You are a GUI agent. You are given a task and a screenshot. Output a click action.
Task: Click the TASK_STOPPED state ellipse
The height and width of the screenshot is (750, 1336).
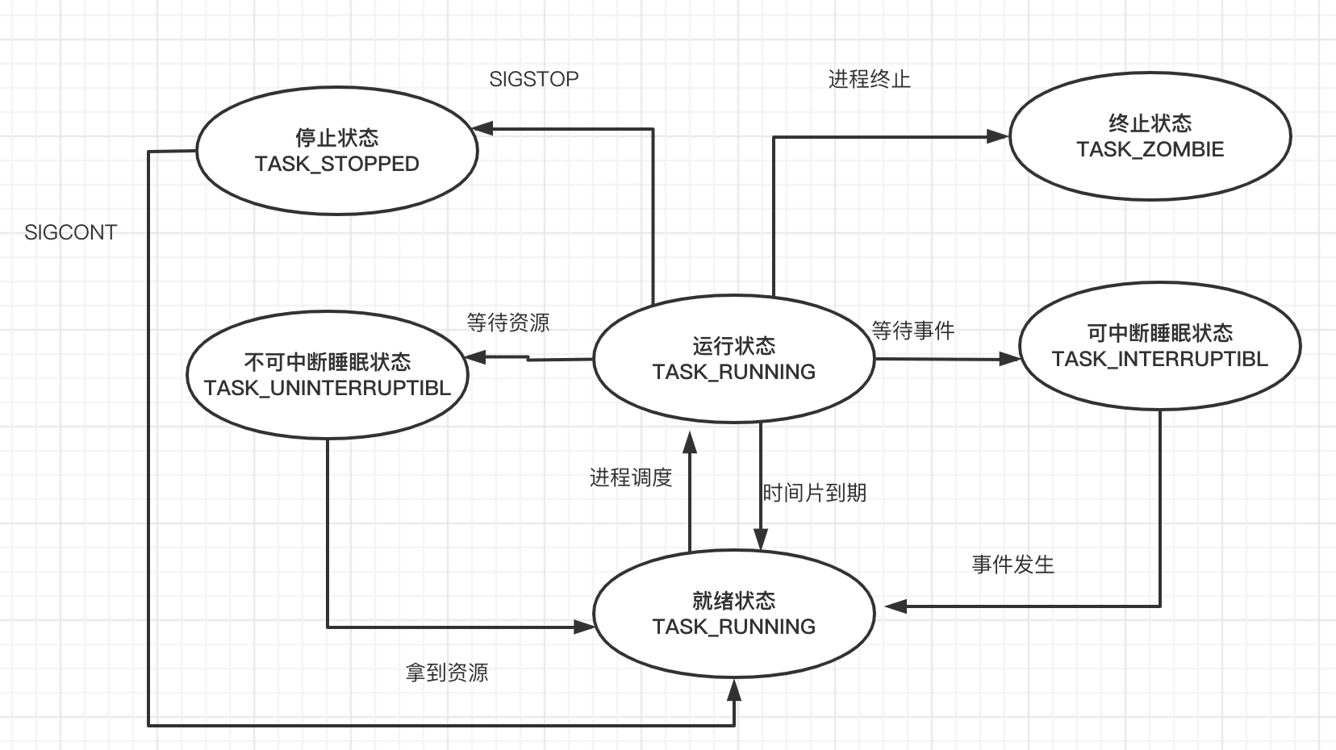[x=337, y=151]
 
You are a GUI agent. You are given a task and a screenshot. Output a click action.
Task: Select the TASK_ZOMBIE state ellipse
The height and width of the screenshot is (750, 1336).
[x=1150, y=136]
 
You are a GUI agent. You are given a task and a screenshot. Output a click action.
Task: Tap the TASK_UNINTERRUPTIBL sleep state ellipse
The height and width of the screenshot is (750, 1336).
[x=327, y=374]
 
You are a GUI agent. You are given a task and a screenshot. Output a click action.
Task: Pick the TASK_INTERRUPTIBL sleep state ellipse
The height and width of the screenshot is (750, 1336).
[x=1159, y=346]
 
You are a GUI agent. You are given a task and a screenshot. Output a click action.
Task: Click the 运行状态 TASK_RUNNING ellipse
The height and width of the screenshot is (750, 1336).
[x=733, y=359]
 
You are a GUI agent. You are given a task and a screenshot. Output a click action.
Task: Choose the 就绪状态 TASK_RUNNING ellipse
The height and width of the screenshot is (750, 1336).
[x=733, y=614]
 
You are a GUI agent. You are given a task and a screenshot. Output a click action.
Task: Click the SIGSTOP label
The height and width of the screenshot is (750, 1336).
[x=533, y=79]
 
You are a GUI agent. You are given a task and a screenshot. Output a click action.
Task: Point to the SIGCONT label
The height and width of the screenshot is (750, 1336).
[x=71, y=232]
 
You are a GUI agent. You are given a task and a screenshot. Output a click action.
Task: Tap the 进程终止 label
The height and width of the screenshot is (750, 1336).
[x=869, y=79]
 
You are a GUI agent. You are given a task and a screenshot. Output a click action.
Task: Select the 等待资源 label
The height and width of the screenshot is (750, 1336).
[x=508, y=323]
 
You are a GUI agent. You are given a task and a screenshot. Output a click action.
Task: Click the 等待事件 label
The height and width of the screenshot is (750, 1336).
[x=913, y=330]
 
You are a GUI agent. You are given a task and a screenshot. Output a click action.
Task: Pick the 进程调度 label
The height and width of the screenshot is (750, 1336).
[x=631, y=477]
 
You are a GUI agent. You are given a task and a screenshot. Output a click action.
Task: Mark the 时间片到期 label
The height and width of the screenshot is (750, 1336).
[x=814, y=493]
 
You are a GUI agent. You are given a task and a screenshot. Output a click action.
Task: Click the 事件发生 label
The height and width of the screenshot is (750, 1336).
[x=1012, y=565]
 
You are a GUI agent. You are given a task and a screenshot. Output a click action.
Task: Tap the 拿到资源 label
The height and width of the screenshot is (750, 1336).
[x=447, y=673]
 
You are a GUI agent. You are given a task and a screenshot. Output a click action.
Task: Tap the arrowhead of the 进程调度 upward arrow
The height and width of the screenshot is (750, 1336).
[x=690, y=440]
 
